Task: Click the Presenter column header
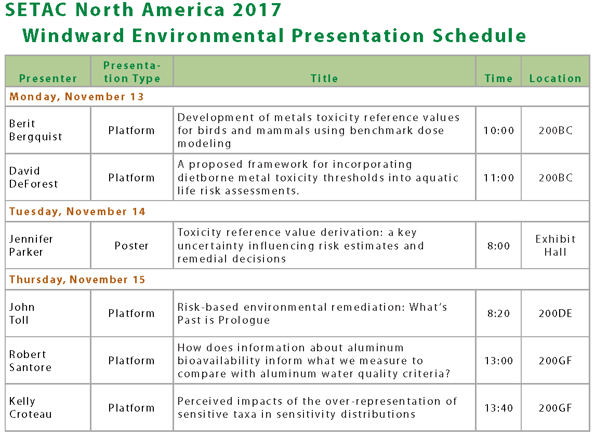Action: (x=48, y=78)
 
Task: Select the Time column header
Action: (x=498, y=78)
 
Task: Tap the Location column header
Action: (x=555, y=78)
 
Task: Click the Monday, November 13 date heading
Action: (x=77, y=97)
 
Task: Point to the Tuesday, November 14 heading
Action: (x=77, y=212)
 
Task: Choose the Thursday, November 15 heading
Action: (x=77, y=280)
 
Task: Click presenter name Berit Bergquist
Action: (x=36, y=130)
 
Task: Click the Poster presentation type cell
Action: (x=131, y=246)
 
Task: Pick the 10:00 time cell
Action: (x=499, y=130)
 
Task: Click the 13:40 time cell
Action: (x=499, y=408)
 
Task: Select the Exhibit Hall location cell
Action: (x=556, y=245)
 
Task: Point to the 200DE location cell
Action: (x=556, y=313)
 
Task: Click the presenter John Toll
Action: (x=22, y=313)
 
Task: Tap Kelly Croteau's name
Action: (x=30, y=407)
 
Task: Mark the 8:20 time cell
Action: (x=499, y=313)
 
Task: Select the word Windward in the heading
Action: (x=74, y=36)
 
